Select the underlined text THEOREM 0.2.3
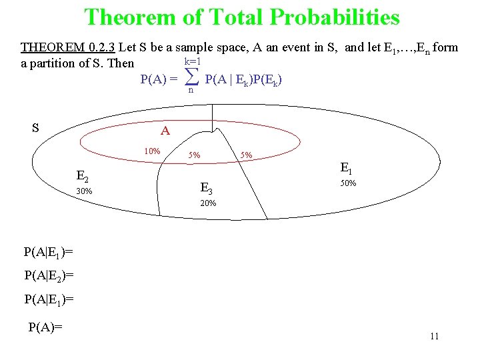pos(68,47)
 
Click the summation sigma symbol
pos(191,79)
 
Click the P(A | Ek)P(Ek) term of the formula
pos(243,80)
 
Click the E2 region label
pos(84,177)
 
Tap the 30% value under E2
pos(84,191)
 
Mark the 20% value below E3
pos(208,203)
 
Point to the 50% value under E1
pos(349,183)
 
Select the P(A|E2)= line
pos(48,275)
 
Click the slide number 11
pos(434,336)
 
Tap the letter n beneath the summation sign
pos(191,91)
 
